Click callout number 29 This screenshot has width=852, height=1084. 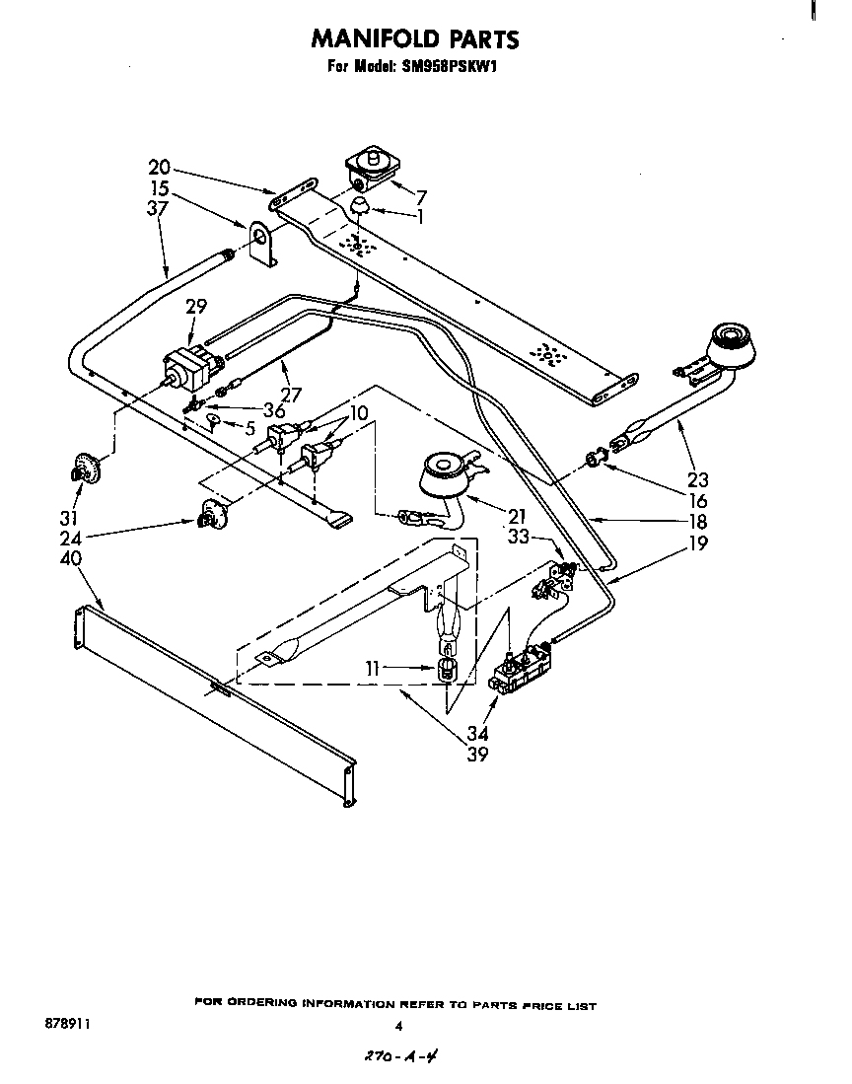pos(195,307)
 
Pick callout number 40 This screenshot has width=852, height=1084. pos(72,558)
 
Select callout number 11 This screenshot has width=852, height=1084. pos(372,669)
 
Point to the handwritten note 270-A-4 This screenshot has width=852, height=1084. pos(399,1055)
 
